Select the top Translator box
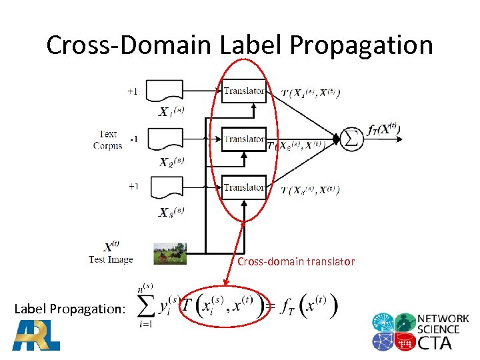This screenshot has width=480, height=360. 243,91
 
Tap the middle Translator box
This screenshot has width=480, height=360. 243,139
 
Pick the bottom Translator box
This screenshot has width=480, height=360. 243,187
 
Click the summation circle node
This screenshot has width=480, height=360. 351,137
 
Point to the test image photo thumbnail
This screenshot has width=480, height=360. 169,253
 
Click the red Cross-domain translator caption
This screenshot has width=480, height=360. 296,262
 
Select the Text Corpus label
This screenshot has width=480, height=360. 107,140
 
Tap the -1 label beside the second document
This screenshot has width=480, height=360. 133,139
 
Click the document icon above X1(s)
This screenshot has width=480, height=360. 164,91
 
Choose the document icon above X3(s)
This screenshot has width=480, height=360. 164,187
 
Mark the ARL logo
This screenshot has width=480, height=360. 37,335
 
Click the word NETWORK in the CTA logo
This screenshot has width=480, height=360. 443,319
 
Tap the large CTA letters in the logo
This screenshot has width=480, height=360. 434,342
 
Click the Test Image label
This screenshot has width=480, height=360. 111,259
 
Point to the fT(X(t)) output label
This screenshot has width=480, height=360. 383,131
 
